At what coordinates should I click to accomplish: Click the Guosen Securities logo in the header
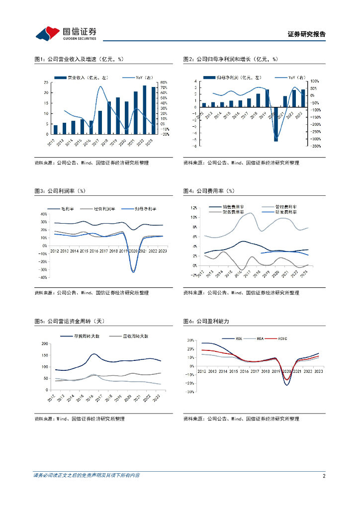point(66,34)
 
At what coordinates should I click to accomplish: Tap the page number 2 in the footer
point(324,476)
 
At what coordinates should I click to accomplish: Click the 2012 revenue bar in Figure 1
point(56,130)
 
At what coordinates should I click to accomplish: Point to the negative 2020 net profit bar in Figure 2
point(276,124)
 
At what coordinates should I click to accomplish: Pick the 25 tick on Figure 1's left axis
point(46,82)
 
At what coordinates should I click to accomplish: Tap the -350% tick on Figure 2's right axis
point(316,146)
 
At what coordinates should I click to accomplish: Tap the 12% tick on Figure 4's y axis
point(194,207)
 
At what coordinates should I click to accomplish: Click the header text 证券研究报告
point(307,34)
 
